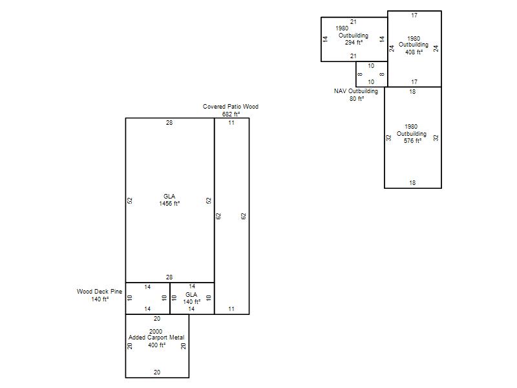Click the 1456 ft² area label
point(169,204)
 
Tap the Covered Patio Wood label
point(231,107)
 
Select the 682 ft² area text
point(231,114)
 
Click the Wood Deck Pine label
point(100,292)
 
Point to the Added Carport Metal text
point(156,338)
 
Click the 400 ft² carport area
point(156,345)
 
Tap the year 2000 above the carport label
point(156,331)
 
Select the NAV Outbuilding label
point(356,91)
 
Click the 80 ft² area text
point(357,99)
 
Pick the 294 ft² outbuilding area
point(353,43)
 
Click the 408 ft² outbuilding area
point(414,52)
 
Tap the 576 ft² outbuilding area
point(412,141)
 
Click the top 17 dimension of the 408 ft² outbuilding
point(414,15)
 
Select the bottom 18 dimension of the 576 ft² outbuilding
point(412,183)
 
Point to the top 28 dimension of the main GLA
point(169,123)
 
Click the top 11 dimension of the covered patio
point(231,123)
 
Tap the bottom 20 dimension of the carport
point(157,372)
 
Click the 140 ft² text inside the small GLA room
point(191,302)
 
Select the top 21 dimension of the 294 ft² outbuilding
point(353,22)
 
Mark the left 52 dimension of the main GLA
point(130,200)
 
